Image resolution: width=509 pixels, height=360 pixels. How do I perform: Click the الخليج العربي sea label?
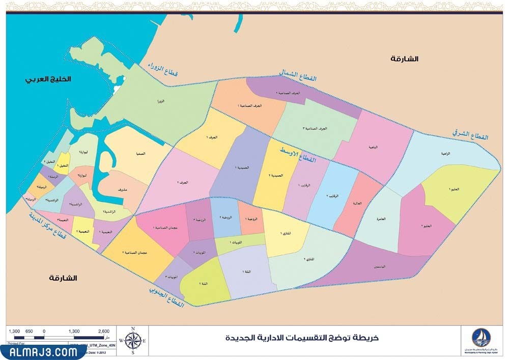[x=49, y=80]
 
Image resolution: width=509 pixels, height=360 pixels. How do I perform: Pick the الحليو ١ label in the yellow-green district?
[x=455, y=189]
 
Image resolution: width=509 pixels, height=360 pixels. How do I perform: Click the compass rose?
[x=133, y=341]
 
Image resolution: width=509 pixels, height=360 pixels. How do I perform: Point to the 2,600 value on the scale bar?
[x=103, y=331]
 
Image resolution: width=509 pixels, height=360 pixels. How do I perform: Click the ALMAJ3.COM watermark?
[x=40, y=352]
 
